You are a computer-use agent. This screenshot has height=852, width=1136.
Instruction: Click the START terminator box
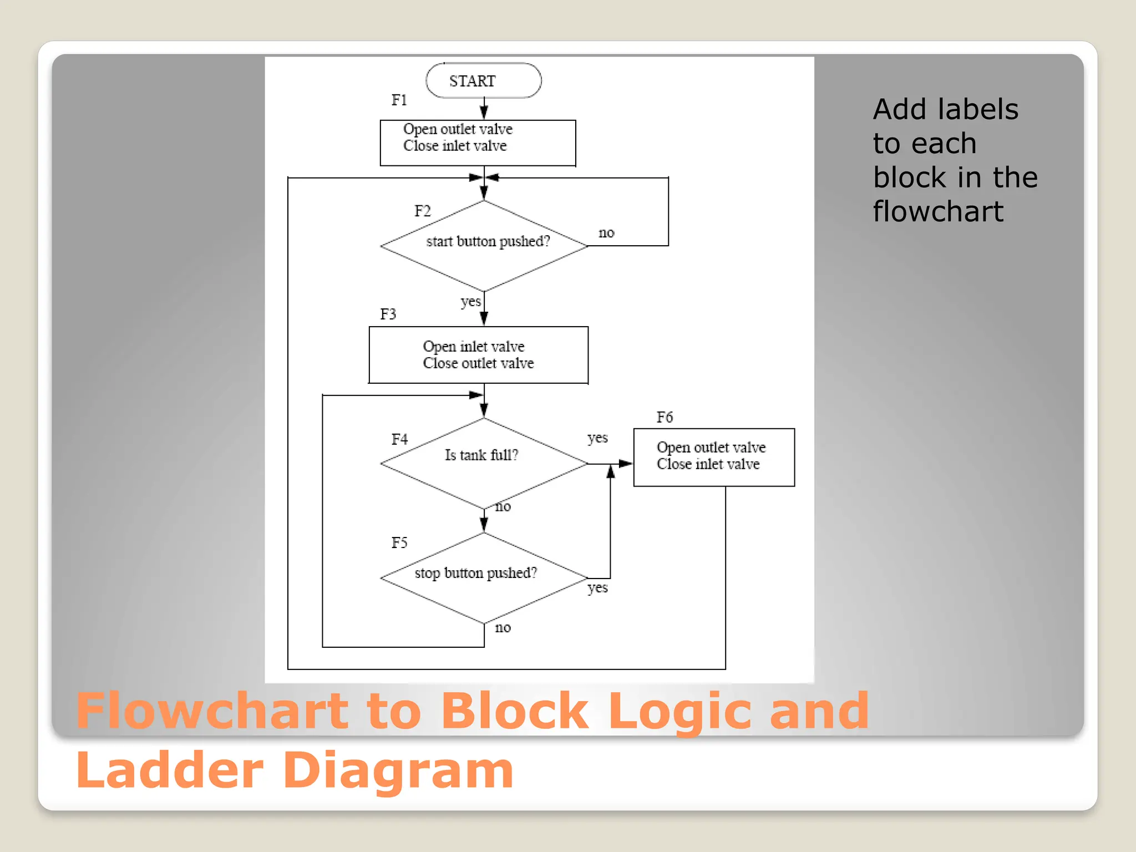[x=483, y=81]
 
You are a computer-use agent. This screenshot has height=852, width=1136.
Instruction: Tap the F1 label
[x=399, y=100]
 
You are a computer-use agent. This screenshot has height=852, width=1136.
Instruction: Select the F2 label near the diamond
[x=422, y=211]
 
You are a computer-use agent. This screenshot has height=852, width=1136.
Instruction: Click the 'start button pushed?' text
[x=488, y=242]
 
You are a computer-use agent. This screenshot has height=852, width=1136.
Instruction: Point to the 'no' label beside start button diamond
[x=606, y=233]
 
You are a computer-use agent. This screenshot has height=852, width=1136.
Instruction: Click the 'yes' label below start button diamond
[x=470, y=302]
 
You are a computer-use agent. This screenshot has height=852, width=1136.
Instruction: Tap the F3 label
[x=388, y=315]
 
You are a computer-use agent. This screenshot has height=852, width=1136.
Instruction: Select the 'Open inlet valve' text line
[x=473, y=347]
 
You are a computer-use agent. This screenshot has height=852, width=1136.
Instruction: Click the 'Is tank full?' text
[x=481, y=455]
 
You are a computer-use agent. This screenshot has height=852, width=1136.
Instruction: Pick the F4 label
[x=399, y=440]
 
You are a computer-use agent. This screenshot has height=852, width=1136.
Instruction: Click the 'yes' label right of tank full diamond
[x=597, y=438]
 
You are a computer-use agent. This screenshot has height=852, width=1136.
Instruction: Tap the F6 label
[x=665, y=418]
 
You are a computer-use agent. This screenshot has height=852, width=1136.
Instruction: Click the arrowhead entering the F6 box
[x=626, y=464]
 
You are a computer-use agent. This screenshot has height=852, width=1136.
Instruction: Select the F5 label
[x=399, y=543]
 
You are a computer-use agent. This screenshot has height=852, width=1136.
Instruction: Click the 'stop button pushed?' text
[x=476, y=573]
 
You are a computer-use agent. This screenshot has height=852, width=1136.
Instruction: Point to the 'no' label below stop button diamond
[x=503, y=628]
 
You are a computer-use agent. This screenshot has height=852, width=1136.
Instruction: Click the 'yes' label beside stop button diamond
[x=597, y=588]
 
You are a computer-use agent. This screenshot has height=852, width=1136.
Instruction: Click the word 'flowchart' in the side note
[x=938, y=212]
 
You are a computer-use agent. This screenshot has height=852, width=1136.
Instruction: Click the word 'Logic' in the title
[x=679, y=712]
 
